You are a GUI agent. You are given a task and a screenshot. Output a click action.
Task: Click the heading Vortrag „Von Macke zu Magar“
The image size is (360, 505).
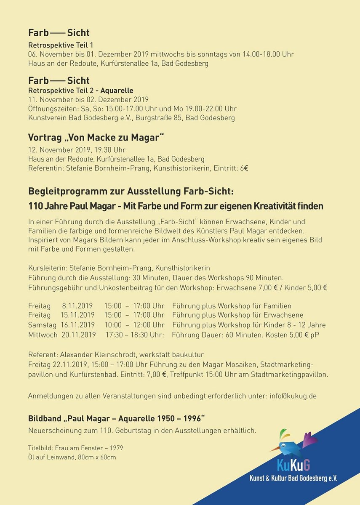point(96,138)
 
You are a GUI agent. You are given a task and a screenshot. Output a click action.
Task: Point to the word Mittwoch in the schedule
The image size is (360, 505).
point(43,335)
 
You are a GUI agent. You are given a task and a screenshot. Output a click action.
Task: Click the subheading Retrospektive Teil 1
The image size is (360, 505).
point(61,45)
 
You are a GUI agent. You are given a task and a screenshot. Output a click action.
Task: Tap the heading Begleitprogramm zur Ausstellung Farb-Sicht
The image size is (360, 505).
point(131,191)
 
